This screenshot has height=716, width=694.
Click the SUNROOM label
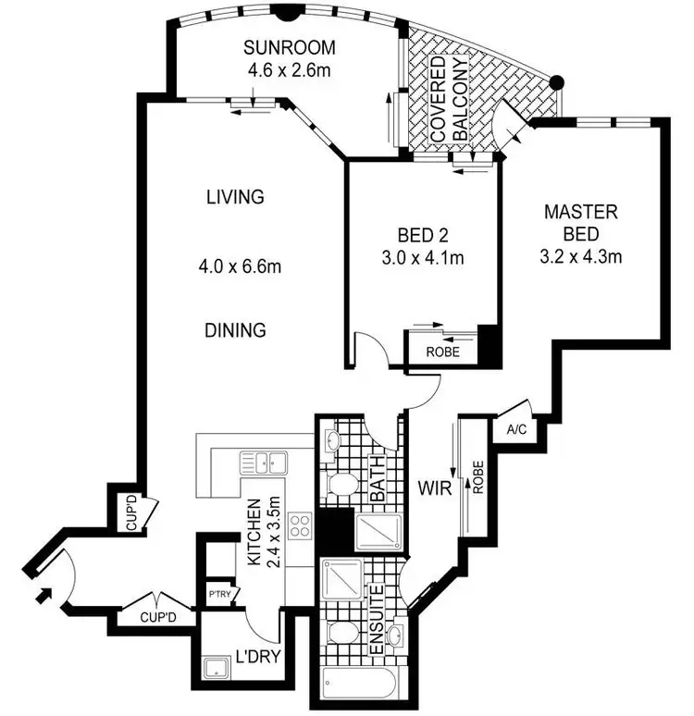(289, 48)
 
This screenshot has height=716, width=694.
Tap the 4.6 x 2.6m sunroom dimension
(289, 68)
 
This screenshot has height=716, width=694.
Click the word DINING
(236, 329)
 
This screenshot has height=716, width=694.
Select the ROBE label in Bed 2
(440, 352)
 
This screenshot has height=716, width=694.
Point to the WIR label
(433, 488)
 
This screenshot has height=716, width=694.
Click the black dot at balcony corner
(556, 82)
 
